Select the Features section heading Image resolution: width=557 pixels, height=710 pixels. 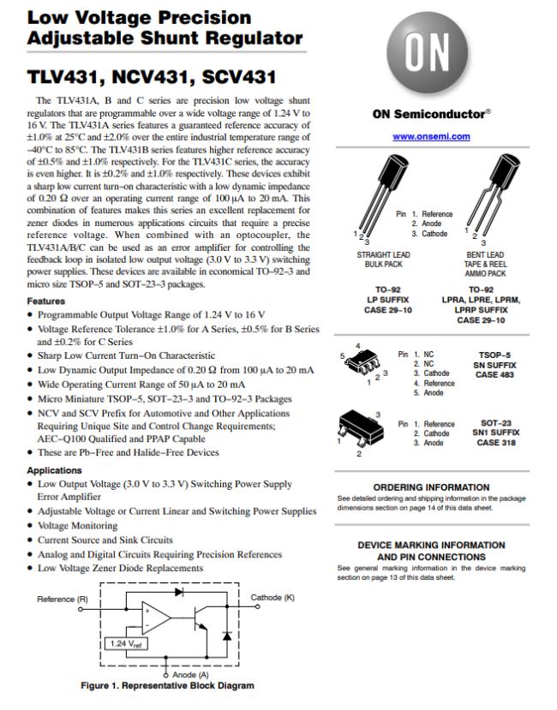tap(46, 301)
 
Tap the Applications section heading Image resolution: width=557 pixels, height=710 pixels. tap(55, 470)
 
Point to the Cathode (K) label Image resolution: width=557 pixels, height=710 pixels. tap(273, 597)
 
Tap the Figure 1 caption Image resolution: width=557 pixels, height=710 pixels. tap(167, 685)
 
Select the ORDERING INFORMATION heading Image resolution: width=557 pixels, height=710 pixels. tap(431, 487)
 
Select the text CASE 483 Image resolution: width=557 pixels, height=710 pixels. tap(493, 375)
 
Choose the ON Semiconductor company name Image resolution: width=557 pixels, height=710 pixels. tap(431, 114)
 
